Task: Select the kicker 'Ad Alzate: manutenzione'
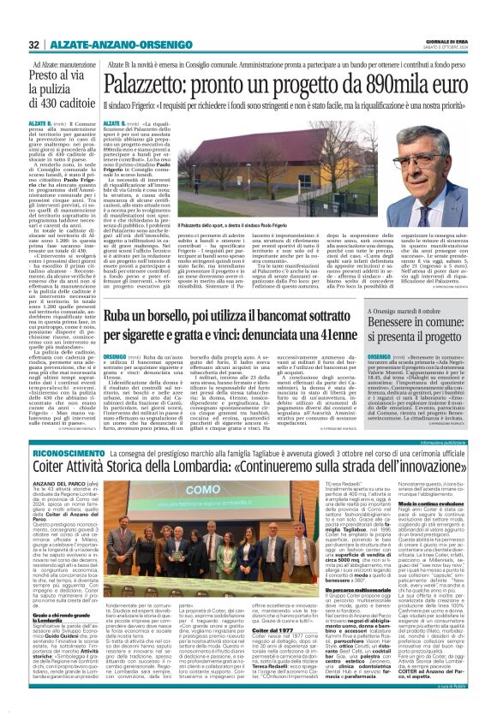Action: [x=65, y=65]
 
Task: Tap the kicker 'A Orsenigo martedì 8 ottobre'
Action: [x=417, y=311]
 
